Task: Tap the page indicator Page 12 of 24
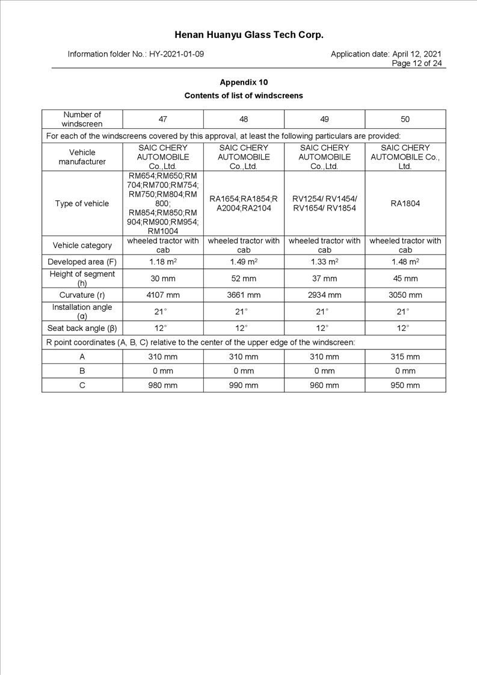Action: click(x=417, y=63)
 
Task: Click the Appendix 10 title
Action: click(x=244, y=82)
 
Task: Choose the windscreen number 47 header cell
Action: click(x=163, y=119)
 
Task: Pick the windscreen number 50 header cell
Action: click(x=405, y=119)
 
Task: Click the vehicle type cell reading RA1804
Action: click(x=405, y=203)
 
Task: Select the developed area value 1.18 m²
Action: click(x=163, y=262)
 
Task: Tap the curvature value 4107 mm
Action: click(x=163, y=295)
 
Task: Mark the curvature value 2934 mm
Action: click(x=324, y=295)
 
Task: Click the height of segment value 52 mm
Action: click(x=244, y=279)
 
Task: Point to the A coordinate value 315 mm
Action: click(x=405, y=357)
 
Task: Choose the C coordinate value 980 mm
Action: click(x=163, y=385)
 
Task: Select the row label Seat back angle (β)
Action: click(x=82, y=328)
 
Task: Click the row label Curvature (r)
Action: click(x=82, y=295)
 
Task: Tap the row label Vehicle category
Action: click(x=82, y=245)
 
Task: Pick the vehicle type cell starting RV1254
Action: click(x=324, y=203)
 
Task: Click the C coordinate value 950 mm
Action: click(x=405, y=385)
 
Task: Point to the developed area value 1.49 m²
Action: click(x=244, y=262)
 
